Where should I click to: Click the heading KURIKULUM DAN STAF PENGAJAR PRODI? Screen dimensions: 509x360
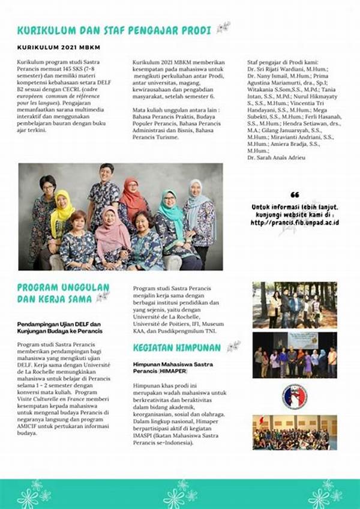click(114, 29)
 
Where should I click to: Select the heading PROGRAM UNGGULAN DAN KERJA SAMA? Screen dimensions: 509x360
click(63, 292)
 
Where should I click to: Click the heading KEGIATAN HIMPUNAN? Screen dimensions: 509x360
click(178, 347)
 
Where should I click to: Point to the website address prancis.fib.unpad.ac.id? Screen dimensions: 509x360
click(295, 222)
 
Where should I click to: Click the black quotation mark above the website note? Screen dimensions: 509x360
click(295, 195)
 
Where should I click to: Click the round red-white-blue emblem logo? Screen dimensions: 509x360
click(294, 396)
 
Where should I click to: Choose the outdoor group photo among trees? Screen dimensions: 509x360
click(294, 304)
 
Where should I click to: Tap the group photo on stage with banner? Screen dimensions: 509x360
click(294, 355)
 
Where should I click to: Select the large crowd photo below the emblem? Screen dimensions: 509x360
click(294, 432)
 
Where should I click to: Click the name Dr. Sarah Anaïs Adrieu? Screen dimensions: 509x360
click(276, 157)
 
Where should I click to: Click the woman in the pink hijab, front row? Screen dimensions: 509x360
click(112, 228)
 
